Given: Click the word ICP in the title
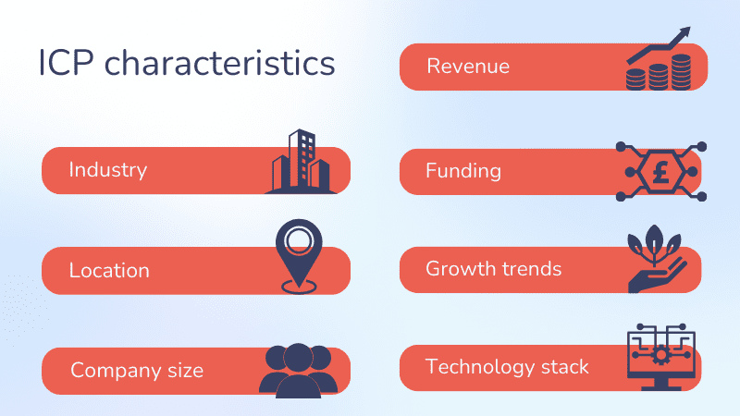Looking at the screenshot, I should point(67,65).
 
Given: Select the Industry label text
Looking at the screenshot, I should point(108,170).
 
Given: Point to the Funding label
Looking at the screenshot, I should point(463,170).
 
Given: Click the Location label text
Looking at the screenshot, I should point(109,271).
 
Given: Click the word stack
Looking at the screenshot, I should point(564,367).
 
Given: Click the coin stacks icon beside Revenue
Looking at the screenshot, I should point(658,72).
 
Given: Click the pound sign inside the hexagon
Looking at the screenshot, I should point(660,171).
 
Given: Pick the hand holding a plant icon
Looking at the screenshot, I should point(655,263).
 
